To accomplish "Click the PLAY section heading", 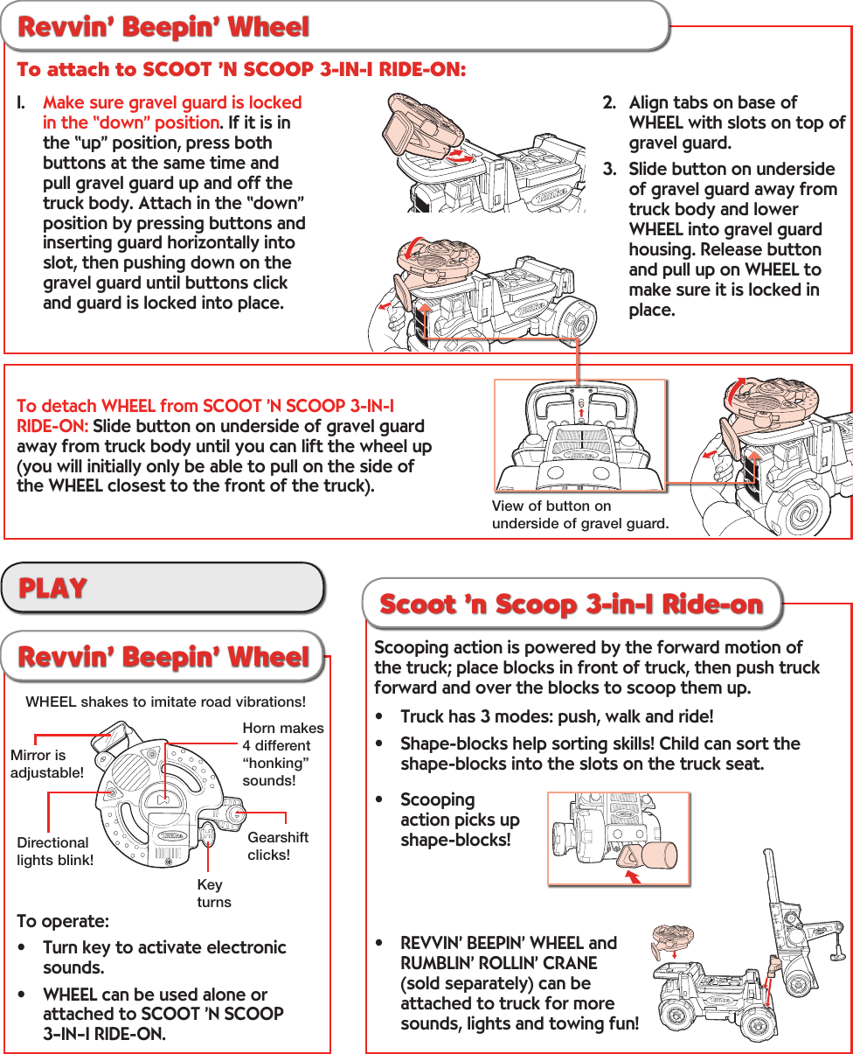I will [54, 587].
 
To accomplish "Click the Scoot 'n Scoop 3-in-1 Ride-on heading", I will [572, 604].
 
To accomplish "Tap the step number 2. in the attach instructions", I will [609, 102].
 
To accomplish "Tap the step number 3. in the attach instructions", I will [609, 169].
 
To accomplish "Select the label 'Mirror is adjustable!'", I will [46, 764].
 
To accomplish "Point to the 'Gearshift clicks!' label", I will [278, 846].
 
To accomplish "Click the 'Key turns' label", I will [214, 893].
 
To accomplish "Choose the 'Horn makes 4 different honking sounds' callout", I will [282, 754].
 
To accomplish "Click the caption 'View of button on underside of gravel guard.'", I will [580, 515].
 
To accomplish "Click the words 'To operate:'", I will [63, 921].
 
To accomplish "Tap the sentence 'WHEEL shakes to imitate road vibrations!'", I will [166, 702].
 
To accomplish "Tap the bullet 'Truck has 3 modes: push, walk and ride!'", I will [556, 716].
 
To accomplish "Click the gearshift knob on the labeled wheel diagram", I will [235, 813].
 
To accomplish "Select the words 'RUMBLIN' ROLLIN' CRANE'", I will [498, 963].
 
